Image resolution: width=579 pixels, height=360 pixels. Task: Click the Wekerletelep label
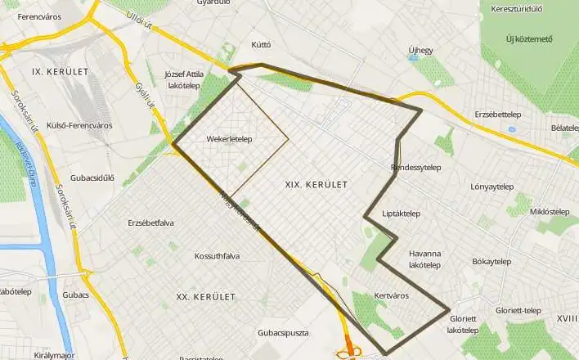pyautogui.click(x=228, y=139)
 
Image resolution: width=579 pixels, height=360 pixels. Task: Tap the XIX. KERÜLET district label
pyautogui.click(x=316, y=185)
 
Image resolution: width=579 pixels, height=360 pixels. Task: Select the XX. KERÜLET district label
pyautogui.click(x=206, y=295)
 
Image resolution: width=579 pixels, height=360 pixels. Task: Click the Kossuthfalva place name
pyautogui.click(x=217, y=256)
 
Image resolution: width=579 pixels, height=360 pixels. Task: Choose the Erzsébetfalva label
pyautogui.click(x=151, y=223)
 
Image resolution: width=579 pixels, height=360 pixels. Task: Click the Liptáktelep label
pyautogui.click(x=401, y=214)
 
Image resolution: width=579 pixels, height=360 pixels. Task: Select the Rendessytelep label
pyautogui.click(x=416, y=168)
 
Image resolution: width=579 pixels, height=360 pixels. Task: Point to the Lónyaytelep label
pyautogui.click(x=495, y=186)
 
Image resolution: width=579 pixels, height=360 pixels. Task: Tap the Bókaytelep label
pyautogui.click(x=491, y=262)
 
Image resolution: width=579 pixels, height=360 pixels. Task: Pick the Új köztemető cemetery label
pyautogui.click(x=529, y=38)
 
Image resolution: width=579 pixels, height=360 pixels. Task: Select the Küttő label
pyautogui.click(x=262, y=44)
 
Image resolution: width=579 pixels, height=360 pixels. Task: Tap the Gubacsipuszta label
pyautogui.click(x=282, y=333)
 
